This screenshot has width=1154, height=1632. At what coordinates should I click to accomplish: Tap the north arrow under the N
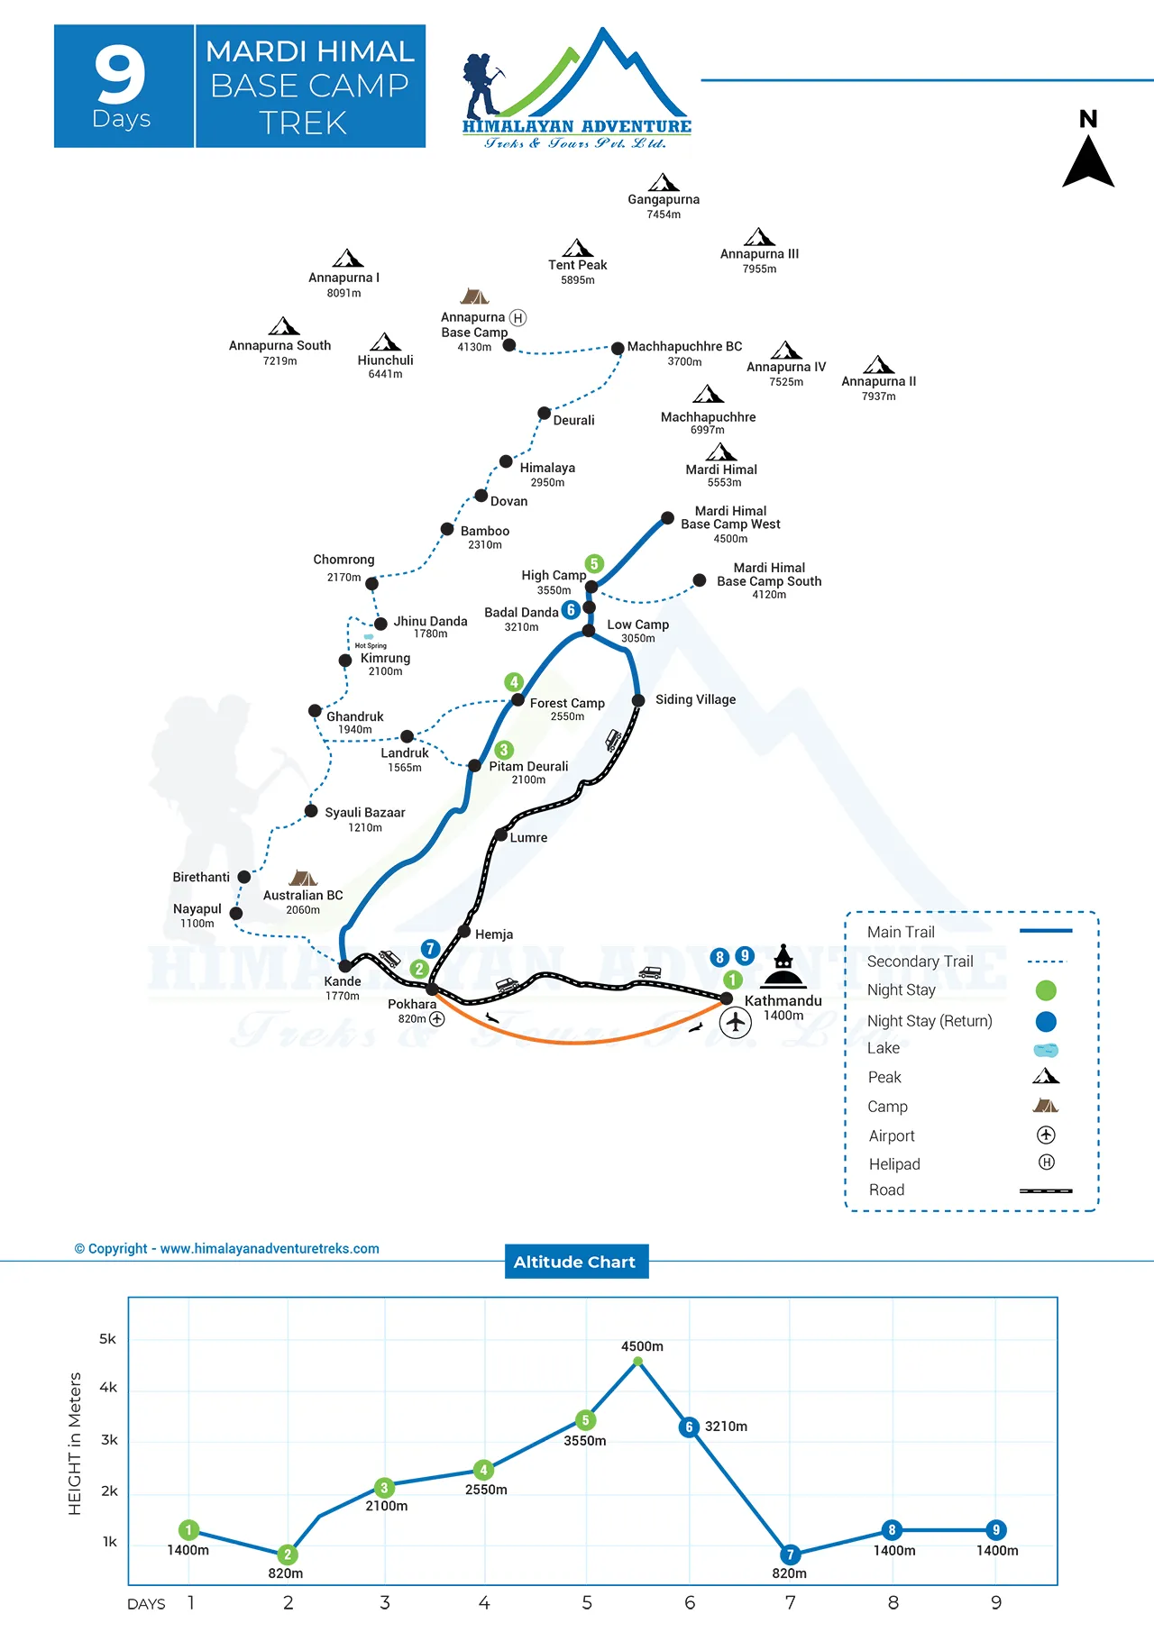click(x=1088, y=162)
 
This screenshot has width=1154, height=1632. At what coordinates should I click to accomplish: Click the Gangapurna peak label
click(x=664, y=200)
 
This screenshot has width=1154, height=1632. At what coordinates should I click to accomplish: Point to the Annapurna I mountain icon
click(x=348, y=259)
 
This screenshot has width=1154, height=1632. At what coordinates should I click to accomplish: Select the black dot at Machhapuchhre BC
click(x=618, y=349)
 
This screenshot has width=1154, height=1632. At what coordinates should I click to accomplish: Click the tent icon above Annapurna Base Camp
click(x=474, y=296)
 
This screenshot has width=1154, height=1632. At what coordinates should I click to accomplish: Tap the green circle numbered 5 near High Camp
click(x=594, y=564)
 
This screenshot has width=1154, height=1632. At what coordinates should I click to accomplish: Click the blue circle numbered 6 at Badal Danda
click(x=571, y=610)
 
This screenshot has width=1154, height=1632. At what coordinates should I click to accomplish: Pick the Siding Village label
click(x=695, y=699)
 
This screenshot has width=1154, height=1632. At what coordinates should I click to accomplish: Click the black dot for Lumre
click(x=501, y=834)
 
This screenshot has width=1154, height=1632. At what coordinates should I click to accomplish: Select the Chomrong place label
click(x=343, y=560)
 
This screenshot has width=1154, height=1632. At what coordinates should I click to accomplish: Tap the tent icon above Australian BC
click(x=303, y=878)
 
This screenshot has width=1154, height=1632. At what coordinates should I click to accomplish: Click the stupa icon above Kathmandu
click(x=783, y=967)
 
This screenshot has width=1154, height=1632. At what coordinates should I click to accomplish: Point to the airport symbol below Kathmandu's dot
click(x=736, y=1022)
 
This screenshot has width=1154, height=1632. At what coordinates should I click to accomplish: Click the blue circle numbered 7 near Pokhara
click(x=431, y=948)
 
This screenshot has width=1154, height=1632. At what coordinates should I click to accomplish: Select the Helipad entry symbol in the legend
click(x=1047, y=1162)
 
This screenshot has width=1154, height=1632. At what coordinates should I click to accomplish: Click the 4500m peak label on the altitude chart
click(x=642, y=1346)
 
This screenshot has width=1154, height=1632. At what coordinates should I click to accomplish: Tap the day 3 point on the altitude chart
click(x=385, y=1488)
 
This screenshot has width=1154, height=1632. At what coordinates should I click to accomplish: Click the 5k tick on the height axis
click(x=107, y=1339)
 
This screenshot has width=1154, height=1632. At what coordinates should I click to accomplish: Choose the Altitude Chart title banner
click(x=575, y=1262)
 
